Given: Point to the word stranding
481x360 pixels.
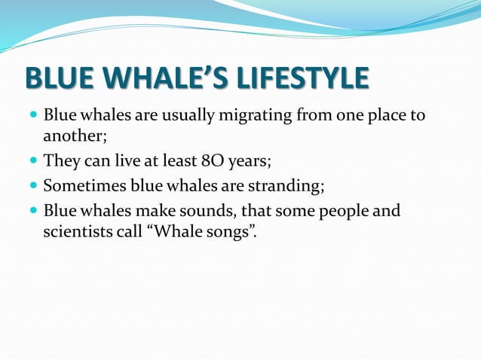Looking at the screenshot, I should [x=283, y=185].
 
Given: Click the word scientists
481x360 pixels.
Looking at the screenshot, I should [x=78, y=231].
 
